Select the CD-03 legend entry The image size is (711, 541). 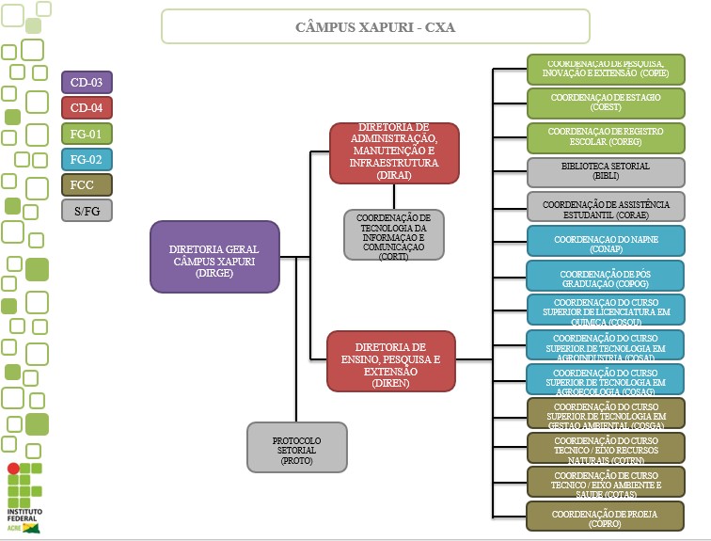pyautogui.click(x=87, y=82)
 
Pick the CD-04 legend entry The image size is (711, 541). pyautogui.click(x=87, y=107)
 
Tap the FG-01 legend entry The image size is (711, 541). pyautogui.click(x=87, y=133)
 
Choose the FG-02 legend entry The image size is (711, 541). pyautogui.click(x=87, y=159)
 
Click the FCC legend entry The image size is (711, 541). pyautogui.click(x=87, y=184)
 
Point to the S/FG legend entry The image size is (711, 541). pyautogui.click(x=87, y=210)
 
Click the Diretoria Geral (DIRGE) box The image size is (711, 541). pyautogui.click(x=214, y=256)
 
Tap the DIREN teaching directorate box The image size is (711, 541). pyautogui.click(x=391, y=359)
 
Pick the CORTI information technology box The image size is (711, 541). pyautogui.click(x=393, y=236)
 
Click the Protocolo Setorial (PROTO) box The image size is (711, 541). pyautogui.click(x=296, y=446)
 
